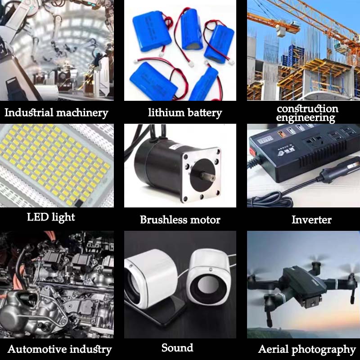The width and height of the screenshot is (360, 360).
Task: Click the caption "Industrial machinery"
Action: coord(57,113)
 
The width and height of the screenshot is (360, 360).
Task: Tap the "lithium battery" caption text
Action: coord(185,113)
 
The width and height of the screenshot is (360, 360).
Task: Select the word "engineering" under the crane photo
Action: coord(306,118)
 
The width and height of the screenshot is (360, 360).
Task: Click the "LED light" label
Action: coord(51,217)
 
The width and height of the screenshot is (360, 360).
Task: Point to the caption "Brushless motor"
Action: coord(180,220)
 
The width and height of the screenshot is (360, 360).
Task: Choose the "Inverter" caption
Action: coord(311,220)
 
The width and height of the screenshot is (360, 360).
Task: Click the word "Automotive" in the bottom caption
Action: coord(36,349)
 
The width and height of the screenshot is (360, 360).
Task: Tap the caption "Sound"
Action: coord(177,348)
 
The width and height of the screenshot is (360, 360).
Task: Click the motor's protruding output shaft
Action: coord(207,176)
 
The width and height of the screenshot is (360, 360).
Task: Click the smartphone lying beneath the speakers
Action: coord(158,310)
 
